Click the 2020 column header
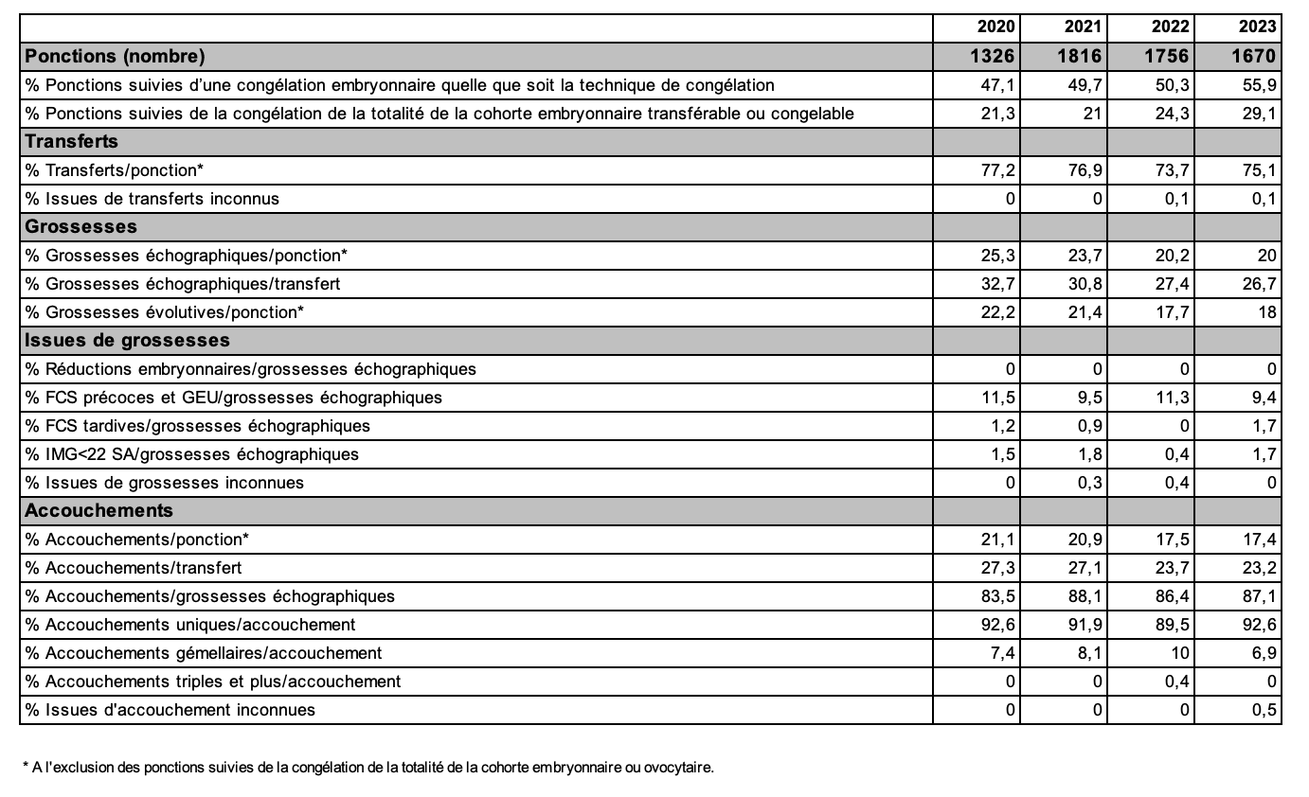click(x=993, y=27)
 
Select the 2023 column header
click(x=1257, y=27)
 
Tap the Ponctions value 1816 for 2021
click(x=1079, y=57)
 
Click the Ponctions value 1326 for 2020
click(x=993, y=57)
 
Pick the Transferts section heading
click(x=72, y=141)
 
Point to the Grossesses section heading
click(x=81, y=226)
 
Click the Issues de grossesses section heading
click(x=128, y=340)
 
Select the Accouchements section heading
click(x=99, y=510)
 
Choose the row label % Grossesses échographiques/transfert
click(x=183, y=283)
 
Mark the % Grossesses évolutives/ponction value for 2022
click(x=1173, y=311)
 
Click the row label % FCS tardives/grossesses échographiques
click(x=198, y=425)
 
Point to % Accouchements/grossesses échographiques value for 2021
click(x=1085, y=595)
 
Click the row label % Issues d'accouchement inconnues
click(x=170, y=709)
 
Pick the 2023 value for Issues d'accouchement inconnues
click(x=1264, y=709)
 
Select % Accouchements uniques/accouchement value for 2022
click(x=1173, y=624)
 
